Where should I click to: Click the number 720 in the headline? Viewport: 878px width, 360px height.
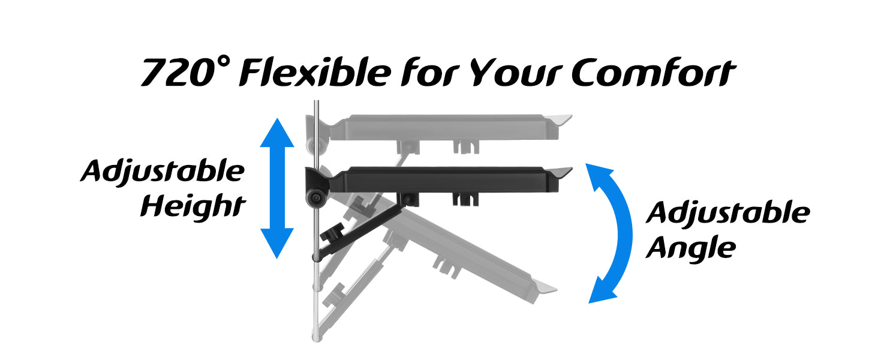point(179,73)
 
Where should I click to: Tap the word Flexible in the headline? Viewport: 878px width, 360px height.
point(315,71)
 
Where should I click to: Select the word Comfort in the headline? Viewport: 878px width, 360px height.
point(654,72)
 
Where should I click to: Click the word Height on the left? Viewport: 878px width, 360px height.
point(193,205)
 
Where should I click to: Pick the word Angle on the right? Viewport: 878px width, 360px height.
point(691,248)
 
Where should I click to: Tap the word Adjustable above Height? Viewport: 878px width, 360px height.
point(163,171)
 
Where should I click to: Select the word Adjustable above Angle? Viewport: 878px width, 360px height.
point(728,213)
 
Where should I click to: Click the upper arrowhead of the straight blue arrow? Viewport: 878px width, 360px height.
point(277,133)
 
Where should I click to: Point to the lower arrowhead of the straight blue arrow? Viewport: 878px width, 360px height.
point(277,243)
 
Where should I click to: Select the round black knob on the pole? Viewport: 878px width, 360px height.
point(315,198)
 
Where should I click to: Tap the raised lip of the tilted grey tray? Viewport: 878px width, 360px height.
point(544,288)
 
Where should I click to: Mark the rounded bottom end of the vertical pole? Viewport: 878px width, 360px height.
point(317,337)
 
